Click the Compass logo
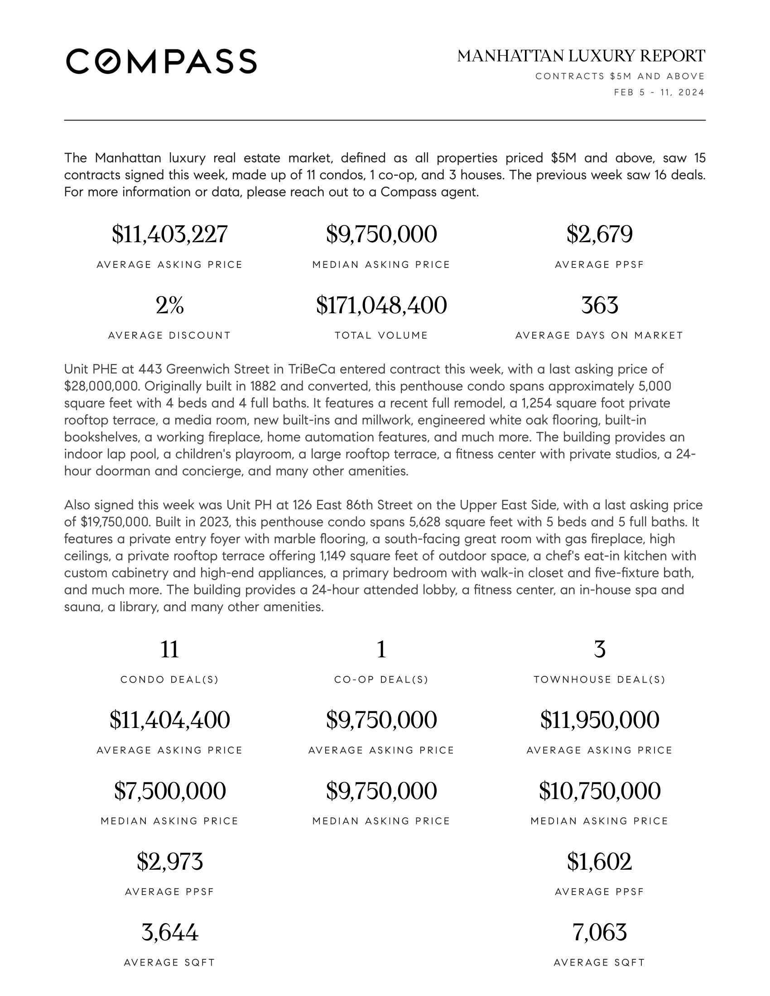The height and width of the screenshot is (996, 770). [x=161, y=61]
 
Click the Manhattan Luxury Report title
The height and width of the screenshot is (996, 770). [x=581, y=56]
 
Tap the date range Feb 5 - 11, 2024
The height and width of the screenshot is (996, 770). [x=659, y=92]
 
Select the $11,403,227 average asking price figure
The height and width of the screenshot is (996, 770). [x=169, y=235]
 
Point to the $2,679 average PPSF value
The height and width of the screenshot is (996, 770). [x=599, y=235]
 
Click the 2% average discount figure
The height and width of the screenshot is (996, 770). [x=169, y=305]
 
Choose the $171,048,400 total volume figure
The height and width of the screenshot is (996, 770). [x=381, y=305]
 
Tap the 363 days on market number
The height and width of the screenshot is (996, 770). [x=599, y=305]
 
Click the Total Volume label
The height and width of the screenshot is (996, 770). [x=381, y=335]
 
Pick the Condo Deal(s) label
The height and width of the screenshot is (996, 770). [x=169, y=680]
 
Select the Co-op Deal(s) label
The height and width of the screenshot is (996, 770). [x=381, y=680]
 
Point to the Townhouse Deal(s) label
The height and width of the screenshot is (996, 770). [x=599, y=680]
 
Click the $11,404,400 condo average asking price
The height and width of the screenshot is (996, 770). [x=169, y=720]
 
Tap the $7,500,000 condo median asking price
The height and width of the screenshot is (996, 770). [x=169, y=791]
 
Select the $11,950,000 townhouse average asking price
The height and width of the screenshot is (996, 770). [x=599, y=720]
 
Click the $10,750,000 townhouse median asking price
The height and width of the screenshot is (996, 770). [x=599, y=791]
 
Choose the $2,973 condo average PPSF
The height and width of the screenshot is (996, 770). [x=169, y=862]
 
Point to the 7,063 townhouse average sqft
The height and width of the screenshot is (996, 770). [x=599, y=932]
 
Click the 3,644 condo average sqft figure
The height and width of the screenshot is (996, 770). [x=169, y=932]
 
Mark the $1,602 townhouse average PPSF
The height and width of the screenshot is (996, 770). [x=599, y=862]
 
